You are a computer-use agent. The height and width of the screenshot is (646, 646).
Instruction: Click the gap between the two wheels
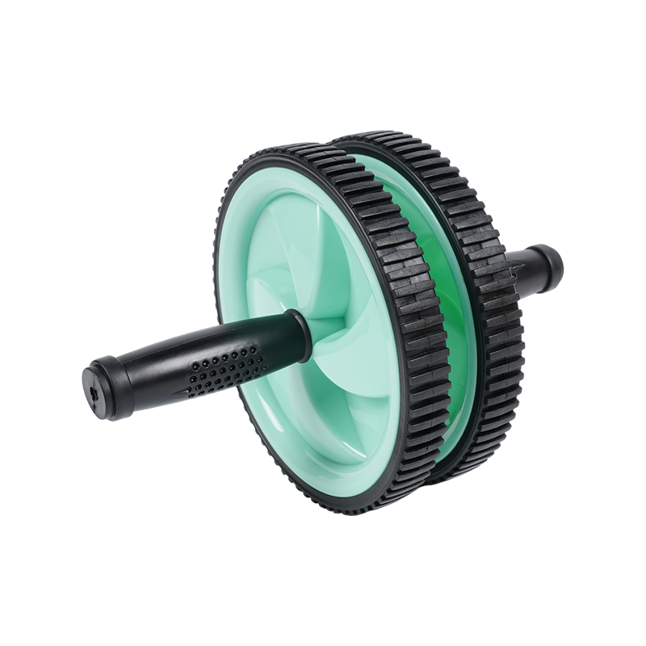point(452,404)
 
